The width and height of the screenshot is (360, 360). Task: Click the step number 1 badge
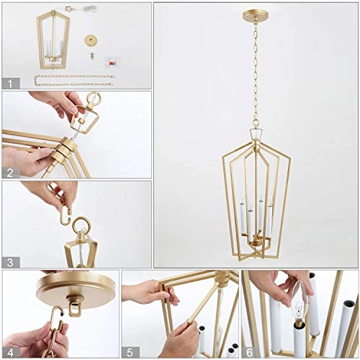tap(10, 84)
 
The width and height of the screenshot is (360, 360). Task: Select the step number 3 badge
tap(10, 261)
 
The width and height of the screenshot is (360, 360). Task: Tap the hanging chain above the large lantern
tap(256, 72)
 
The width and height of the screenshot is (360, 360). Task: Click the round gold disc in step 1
tap(91, 40)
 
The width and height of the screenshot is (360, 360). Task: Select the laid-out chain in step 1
tap(72, 78)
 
